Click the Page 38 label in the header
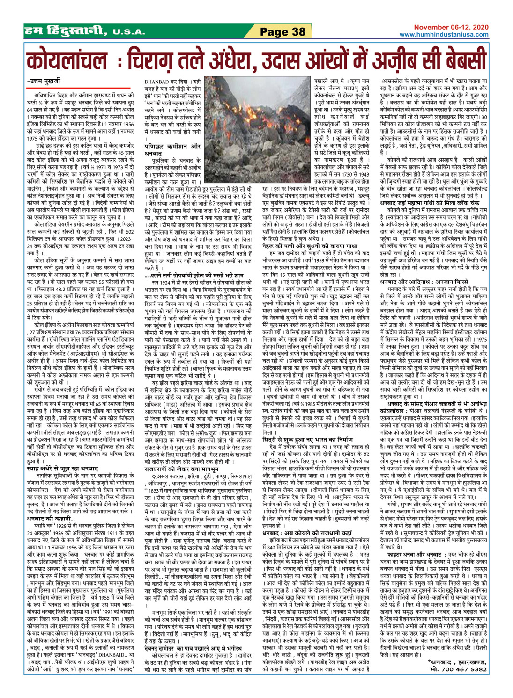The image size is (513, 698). (x=283, y=32)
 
